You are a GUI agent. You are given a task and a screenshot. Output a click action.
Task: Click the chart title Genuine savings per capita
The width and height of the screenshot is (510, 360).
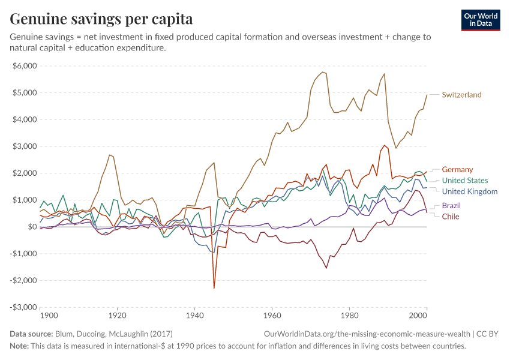tap(101, 19)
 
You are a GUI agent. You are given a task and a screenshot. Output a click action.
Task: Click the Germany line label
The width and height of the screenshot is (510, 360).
tap(457, 170)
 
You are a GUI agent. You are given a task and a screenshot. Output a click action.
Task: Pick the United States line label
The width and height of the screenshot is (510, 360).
tap(464, 181)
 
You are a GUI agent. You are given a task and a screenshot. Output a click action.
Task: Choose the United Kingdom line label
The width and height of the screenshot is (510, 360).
tap(469, 191)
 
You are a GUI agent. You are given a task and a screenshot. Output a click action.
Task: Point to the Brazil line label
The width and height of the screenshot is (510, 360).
tap(451, 206)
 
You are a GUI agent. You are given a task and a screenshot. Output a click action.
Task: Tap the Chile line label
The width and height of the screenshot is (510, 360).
tap(451, 217)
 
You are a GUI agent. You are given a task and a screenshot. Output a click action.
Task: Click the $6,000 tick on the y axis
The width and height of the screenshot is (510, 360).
tap(25, 66)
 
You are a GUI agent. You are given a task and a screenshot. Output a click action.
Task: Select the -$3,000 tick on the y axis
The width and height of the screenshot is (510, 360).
tap(23, 307)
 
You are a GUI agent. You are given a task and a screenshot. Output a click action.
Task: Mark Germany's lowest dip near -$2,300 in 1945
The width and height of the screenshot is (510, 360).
tap(214, 289)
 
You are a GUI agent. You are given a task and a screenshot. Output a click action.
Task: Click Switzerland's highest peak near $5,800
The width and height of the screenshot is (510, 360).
tap(322, 72)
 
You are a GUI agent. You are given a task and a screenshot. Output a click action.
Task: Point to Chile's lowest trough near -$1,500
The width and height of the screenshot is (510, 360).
tap(326, 268)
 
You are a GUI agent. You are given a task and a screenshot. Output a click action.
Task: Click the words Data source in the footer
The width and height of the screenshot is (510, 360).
tap(31, 334)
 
